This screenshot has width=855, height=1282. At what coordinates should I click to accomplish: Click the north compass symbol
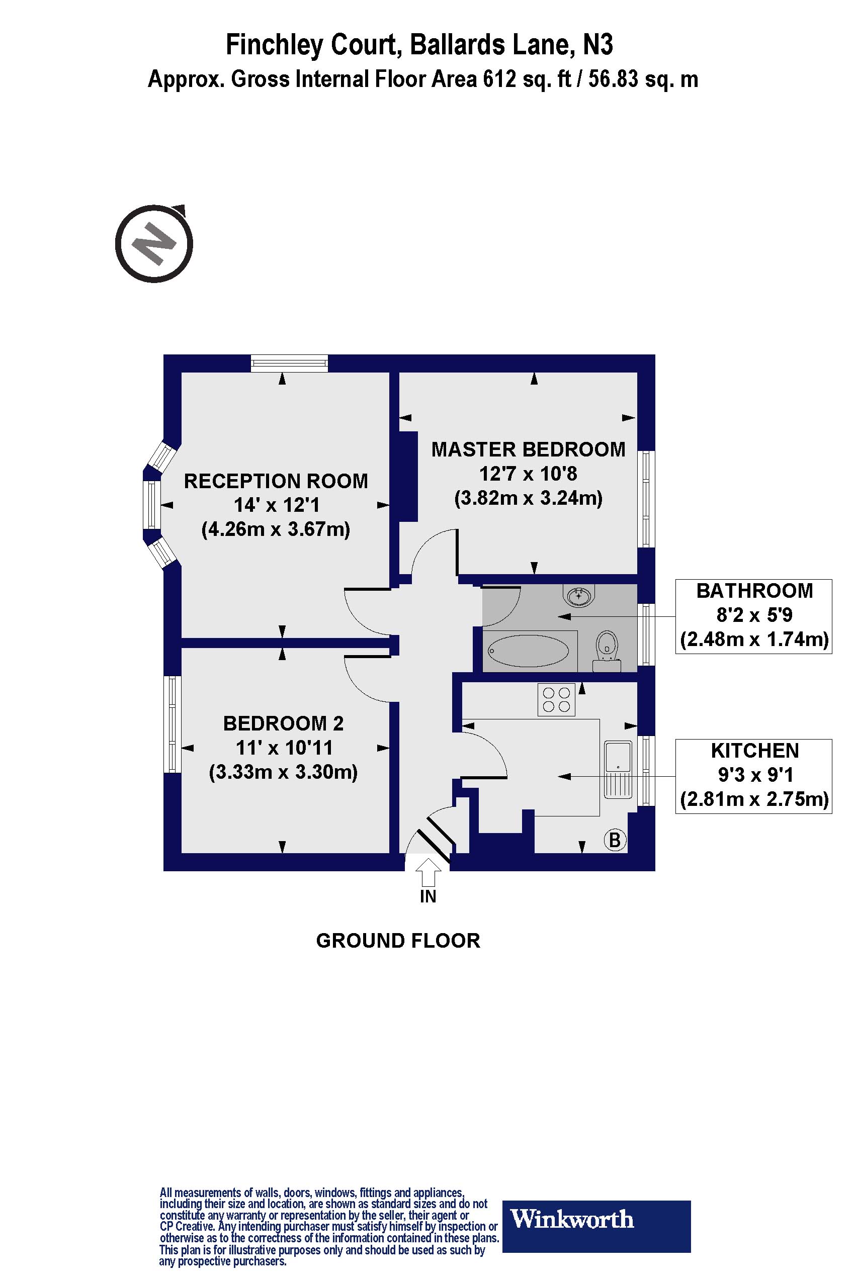click(x=154, y=243)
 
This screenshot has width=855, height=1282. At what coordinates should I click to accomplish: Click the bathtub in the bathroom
click(x=529, y=650)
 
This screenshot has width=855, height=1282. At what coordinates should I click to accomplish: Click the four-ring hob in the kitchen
click(x=556, y=700)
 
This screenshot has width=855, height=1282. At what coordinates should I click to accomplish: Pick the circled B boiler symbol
click(x=615, y=840)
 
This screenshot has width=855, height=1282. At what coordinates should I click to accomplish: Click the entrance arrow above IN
click(x=429, y=872)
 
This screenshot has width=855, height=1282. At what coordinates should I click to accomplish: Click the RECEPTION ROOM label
click(x=276, y=481)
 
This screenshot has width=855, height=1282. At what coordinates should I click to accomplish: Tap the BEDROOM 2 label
click(x=284, y=723)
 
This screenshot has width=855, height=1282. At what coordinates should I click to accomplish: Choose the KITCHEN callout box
click(x=753, y=776)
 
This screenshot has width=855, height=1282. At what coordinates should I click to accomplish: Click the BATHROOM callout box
click(x=753, y=616)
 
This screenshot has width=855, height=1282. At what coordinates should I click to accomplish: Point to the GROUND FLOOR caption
click(x=398, y=941)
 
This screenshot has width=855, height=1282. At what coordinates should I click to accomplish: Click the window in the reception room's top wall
click(x=290, y=363)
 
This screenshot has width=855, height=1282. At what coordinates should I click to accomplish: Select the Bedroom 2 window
click(x=173, y=724)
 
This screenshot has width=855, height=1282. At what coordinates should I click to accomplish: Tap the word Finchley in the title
click(x=274, y=45)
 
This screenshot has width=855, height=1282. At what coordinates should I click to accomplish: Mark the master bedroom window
click(x=646, y=499)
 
